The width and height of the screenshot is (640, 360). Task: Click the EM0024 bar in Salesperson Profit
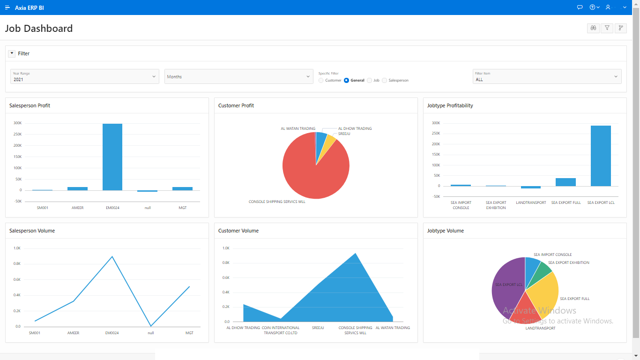[112, 157]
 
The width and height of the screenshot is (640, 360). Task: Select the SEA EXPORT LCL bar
[601, 156]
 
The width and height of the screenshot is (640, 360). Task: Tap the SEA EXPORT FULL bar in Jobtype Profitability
[566, 182]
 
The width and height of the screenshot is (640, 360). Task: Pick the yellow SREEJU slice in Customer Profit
[330, 142]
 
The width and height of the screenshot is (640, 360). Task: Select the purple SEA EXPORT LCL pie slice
[506, 286]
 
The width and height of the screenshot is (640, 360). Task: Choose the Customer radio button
[321, 81]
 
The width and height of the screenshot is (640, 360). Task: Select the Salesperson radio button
[385, 81]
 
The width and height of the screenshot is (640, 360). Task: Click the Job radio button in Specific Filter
[370, 81]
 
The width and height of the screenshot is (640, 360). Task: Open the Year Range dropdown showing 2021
[85, 76]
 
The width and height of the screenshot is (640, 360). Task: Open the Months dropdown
[238, 76]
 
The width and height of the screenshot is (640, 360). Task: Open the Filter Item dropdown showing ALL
[547, 76]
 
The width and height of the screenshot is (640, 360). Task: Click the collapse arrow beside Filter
[12, 53]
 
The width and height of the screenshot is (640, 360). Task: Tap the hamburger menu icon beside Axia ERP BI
[7, 7]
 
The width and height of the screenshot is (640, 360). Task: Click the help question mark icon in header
[592, 7]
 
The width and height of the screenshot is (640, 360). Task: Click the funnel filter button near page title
[607, 28]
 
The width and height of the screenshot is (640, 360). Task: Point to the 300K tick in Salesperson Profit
[17, 123]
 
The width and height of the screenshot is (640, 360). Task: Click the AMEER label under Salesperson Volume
[73, 333]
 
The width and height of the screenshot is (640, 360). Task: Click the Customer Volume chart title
[238, 231]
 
